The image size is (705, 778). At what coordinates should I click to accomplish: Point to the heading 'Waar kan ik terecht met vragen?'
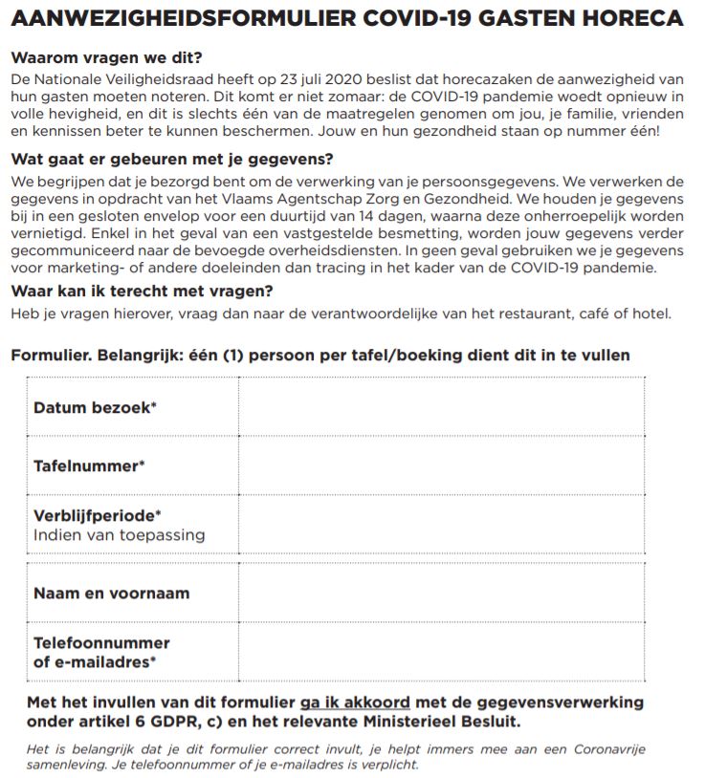click(142, 291)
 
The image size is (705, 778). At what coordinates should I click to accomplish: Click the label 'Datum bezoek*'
click(95, 407)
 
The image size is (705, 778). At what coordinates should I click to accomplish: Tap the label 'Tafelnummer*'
click(89, 466)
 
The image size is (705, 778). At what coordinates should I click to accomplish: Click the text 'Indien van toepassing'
click(119, 535)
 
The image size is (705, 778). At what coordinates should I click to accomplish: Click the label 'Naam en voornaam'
click(111, 593)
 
